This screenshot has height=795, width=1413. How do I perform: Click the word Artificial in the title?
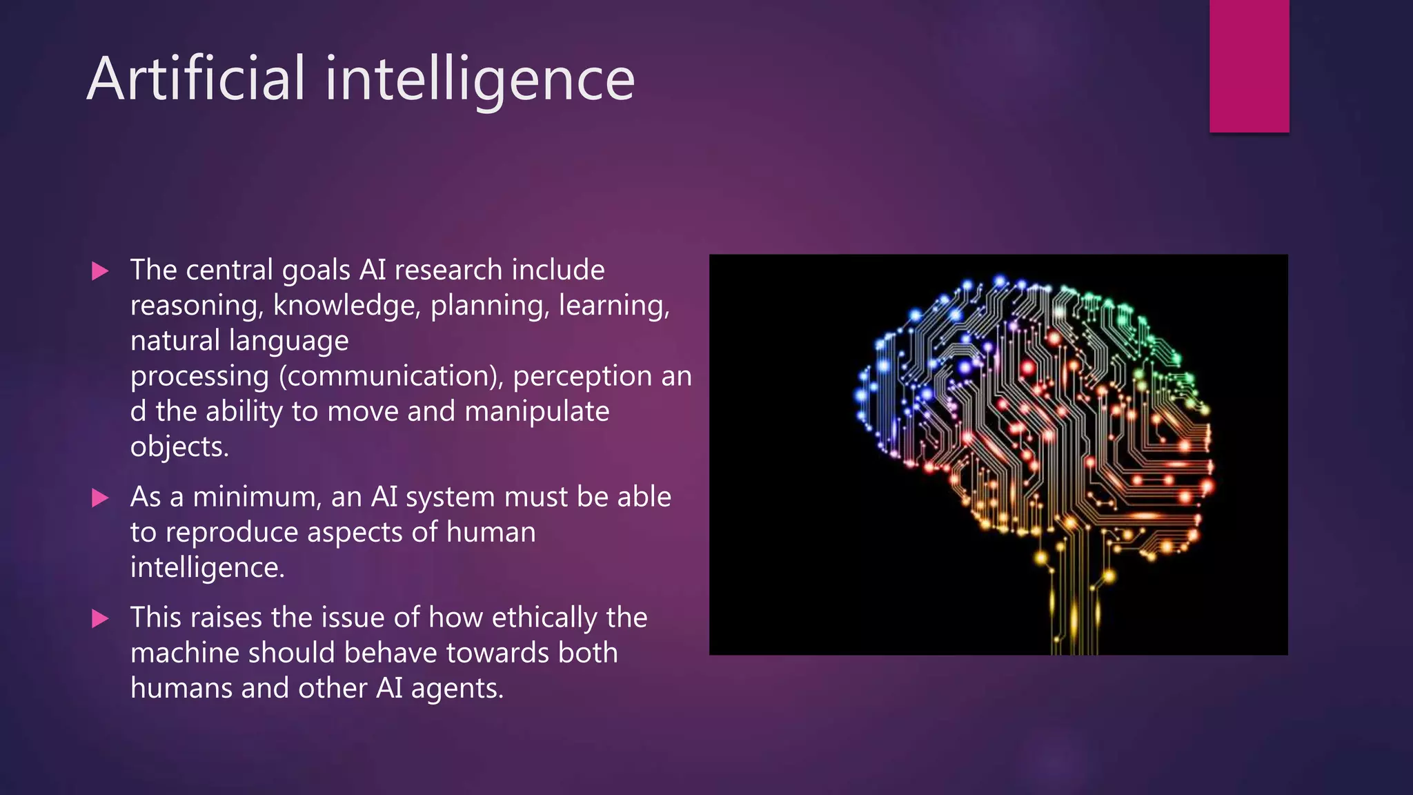tap(196, 79)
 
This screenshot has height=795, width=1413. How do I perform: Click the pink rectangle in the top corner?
tap(1249, 66)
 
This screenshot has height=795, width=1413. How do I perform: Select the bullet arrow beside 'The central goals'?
tap(100, 271)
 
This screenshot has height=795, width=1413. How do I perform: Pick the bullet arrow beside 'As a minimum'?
tap(100, 498)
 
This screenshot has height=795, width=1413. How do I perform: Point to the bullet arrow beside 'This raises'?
tap(100, 618)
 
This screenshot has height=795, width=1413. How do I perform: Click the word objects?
tap(179, 447)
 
